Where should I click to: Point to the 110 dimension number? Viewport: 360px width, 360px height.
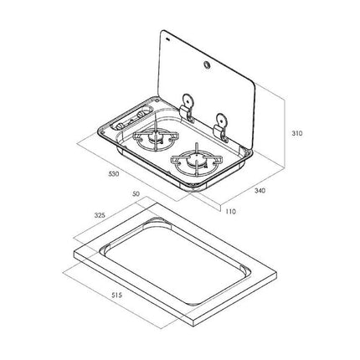click(229, 211)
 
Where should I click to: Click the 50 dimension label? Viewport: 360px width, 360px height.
click(136, 193)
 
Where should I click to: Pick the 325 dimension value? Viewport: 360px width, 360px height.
click(100, 215)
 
